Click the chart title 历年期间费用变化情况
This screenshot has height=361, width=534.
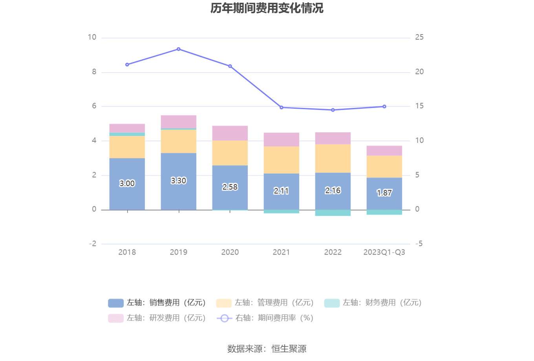267,8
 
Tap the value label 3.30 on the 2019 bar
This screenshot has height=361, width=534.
179,180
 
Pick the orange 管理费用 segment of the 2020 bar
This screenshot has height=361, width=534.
230,153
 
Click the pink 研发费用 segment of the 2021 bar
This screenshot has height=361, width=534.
281,140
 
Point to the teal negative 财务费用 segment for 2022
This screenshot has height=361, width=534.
333,213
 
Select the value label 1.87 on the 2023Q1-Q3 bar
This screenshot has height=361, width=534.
384,193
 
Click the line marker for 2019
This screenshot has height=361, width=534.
179,49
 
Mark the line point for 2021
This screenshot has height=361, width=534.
281,108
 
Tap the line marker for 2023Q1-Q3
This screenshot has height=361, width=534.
384,106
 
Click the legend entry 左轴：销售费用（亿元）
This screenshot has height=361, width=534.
157,303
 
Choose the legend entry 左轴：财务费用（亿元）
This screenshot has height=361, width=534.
373,303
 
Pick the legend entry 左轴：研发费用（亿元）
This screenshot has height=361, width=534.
157,318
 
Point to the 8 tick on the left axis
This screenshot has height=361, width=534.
94,72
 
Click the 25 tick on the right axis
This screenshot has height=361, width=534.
419,37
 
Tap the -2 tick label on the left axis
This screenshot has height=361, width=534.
93,244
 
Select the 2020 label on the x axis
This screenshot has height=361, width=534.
230,252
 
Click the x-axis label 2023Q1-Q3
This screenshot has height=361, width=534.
384,252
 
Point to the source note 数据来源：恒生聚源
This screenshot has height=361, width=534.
267,348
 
